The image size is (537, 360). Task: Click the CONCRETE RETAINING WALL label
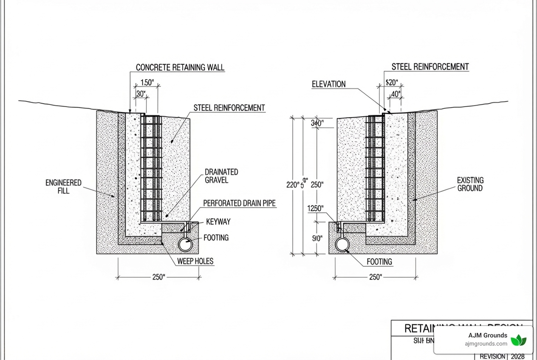(180, 67)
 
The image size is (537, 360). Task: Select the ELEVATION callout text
(328, 84)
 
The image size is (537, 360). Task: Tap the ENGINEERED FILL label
(63, 187)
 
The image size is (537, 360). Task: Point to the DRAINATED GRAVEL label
(221, 176)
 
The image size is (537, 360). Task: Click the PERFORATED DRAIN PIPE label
(239, 203)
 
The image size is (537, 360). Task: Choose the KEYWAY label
(218, 222)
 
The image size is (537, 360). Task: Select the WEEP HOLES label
(195, 261)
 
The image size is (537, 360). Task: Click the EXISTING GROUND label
(470, 184)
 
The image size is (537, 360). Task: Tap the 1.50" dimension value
(147, 83)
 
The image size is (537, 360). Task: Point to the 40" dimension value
(395, 94)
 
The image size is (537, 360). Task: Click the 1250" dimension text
(315, 208)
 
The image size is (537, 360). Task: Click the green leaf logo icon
(518, 340)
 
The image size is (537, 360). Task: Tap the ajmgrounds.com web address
(486, 344)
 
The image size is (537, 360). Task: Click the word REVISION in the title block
(493, 356)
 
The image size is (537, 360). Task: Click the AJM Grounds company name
(487, 335)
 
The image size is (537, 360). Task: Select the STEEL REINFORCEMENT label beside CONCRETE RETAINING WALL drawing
(229, 108)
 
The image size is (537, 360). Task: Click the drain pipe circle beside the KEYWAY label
(185, 245)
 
